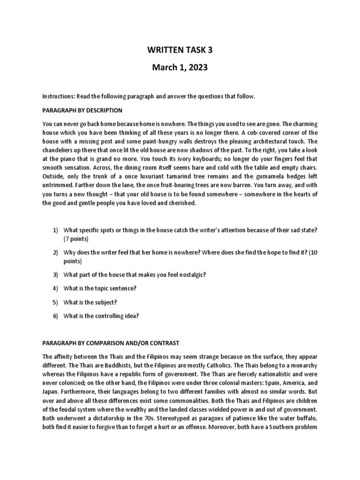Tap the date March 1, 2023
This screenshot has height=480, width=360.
[180, 68]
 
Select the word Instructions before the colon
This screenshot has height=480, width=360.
[57, 96]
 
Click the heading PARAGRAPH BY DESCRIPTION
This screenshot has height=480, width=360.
[82, 110]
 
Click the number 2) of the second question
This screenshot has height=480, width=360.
[55, 252]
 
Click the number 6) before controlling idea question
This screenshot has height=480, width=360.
[55, 315]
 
